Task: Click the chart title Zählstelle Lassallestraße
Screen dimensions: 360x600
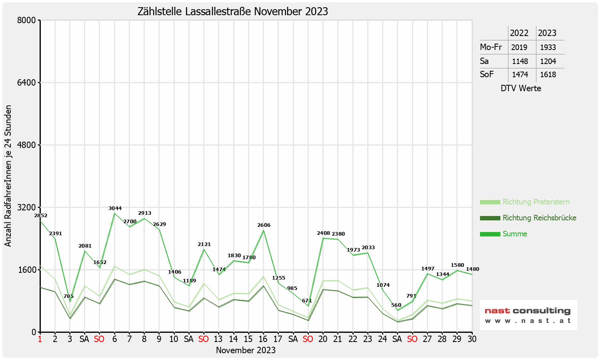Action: tap(232, 11)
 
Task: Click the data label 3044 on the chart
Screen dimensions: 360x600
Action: tap(115, 208)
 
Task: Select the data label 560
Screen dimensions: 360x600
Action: tap(396, 305)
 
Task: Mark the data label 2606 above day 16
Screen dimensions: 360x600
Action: tap(264, 225)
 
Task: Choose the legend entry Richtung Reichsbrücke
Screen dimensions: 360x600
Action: tap(539, 218)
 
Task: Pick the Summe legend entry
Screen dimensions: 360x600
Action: tap(515, 234)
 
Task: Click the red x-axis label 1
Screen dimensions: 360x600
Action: tap(40, 339)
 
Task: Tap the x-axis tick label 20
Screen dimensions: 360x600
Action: tap(323, 339)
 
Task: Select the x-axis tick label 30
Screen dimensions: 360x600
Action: tap(472, 339)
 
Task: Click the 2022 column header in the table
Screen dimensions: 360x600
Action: tap(519, 33)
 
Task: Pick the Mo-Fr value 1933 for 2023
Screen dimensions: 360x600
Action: tap(548, 47)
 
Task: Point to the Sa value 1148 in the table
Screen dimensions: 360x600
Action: tap(520, 62)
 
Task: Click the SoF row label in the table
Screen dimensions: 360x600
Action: tap(487, 74)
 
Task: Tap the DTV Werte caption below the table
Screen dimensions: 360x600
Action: tap(521, 88)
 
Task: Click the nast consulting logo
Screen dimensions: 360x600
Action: tap(528, 315)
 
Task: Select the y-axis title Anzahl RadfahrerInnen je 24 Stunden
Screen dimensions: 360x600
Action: tap(8, 176)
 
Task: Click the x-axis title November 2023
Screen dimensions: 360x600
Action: tap(246, 350)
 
